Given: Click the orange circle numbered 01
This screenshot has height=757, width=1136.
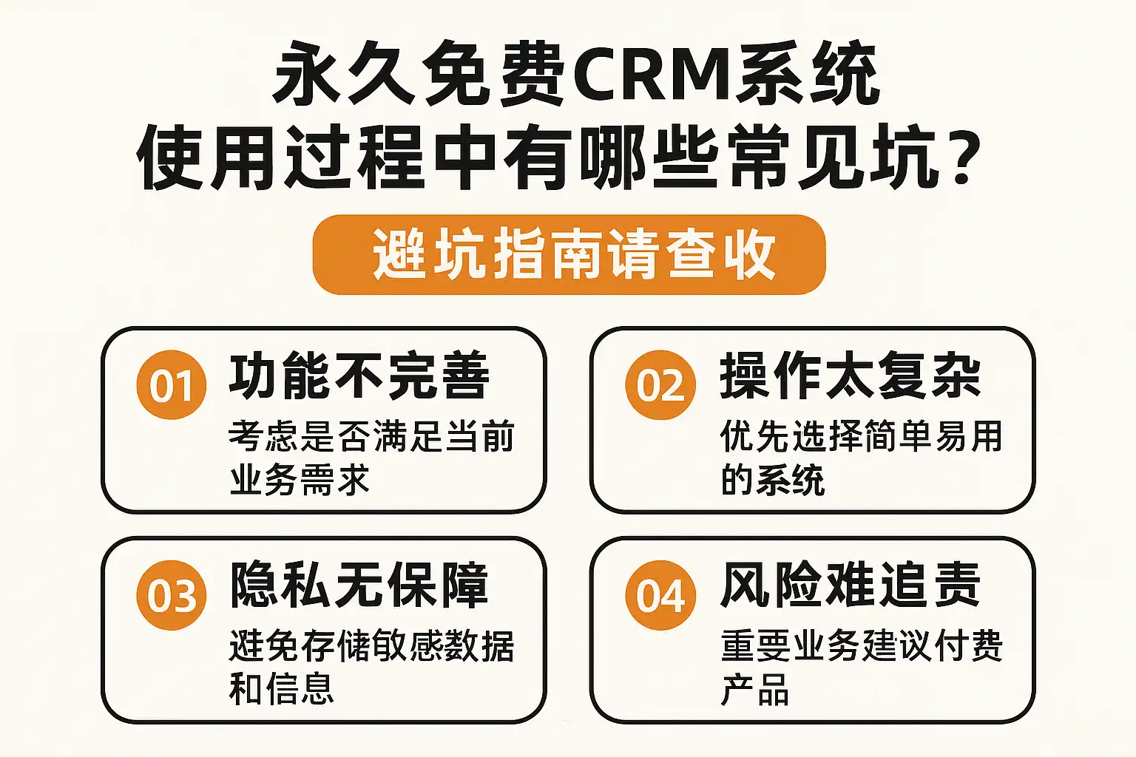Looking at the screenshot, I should pos(171,385).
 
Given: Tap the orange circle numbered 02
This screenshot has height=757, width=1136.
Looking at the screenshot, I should pos(660,385).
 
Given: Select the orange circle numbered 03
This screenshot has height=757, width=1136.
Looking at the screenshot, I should pos(171,595).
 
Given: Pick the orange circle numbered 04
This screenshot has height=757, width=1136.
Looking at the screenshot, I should pos(660,595).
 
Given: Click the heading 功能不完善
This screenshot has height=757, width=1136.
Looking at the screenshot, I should pos(359,376).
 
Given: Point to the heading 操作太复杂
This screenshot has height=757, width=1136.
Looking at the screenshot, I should pos(851,376).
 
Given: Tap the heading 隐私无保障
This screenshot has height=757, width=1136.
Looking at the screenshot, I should pos(359,585).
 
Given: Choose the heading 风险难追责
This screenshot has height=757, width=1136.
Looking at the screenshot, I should pos(851,585).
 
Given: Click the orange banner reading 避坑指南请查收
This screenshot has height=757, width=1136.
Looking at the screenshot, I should pos(569,254).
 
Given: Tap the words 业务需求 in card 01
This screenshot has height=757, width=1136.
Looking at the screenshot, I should pos(300,480).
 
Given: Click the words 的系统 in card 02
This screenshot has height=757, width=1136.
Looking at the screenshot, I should pos(773,480).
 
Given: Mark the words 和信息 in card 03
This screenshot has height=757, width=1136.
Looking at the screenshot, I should pos(282,689).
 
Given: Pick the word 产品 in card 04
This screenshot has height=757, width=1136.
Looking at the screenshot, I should pos(755,689).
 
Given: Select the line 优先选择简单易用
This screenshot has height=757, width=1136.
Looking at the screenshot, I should pos(862,436).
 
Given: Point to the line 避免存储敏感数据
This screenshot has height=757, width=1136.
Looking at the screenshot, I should pos(372,646).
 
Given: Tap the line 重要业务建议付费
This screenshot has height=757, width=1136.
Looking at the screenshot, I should pos(862,646).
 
